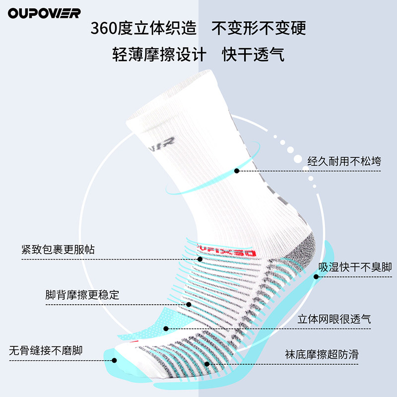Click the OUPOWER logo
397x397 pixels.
[44, 13]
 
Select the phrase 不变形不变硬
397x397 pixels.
[259, 28]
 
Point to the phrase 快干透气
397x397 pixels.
[253, 54]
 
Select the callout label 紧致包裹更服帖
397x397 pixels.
[58, 249]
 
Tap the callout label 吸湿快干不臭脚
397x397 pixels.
[355, 266]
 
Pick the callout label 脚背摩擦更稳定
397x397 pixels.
[82, 294]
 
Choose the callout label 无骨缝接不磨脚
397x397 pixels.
[46, 350]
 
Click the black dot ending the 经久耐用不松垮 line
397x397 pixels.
[237, 171]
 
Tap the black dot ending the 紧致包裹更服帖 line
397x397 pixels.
[200, 259]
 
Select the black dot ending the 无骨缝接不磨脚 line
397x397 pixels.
[115, 361]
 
